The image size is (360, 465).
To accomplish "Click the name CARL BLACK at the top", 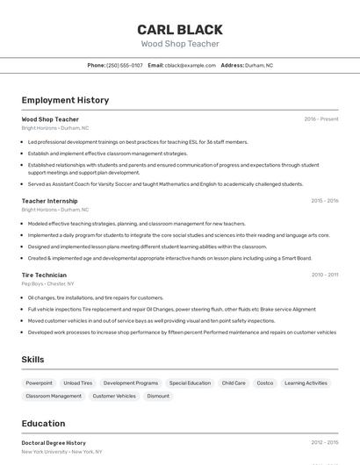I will tap(180, 29).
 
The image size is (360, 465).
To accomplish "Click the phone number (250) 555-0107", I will tap(124, 65).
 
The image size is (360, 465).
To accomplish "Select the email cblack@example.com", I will tap(190, 65).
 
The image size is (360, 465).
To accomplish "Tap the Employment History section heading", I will tap(65, 100).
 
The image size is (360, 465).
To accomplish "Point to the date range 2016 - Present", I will tap(320, 118).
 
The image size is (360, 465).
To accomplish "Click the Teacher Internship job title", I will tap(49, 201).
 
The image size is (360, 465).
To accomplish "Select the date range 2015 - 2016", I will tap(324, 201).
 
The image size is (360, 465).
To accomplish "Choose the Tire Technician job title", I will tap(45, 275).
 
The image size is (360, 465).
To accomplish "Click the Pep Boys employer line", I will tap(47, 283).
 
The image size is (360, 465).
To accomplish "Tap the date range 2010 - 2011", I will tap(324, 275).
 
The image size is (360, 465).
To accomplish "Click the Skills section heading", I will tap(32, 360).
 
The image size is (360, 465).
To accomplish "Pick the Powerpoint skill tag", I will tap(39, 383).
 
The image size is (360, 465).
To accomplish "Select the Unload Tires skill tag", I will tap(77, 383).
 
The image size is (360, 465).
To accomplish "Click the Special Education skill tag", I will tap(190, 383).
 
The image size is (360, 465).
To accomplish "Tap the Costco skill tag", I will tap(265, 383).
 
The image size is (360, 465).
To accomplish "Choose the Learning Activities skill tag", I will tap(306, 383).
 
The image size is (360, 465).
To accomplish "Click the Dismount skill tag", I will tap(158, 396).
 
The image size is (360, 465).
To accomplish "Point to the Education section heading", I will tap(43, 423).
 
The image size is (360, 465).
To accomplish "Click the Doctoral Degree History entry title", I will tap(54, 443).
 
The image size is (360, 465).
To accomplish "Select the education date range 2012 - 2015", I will tap(324, 443).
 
